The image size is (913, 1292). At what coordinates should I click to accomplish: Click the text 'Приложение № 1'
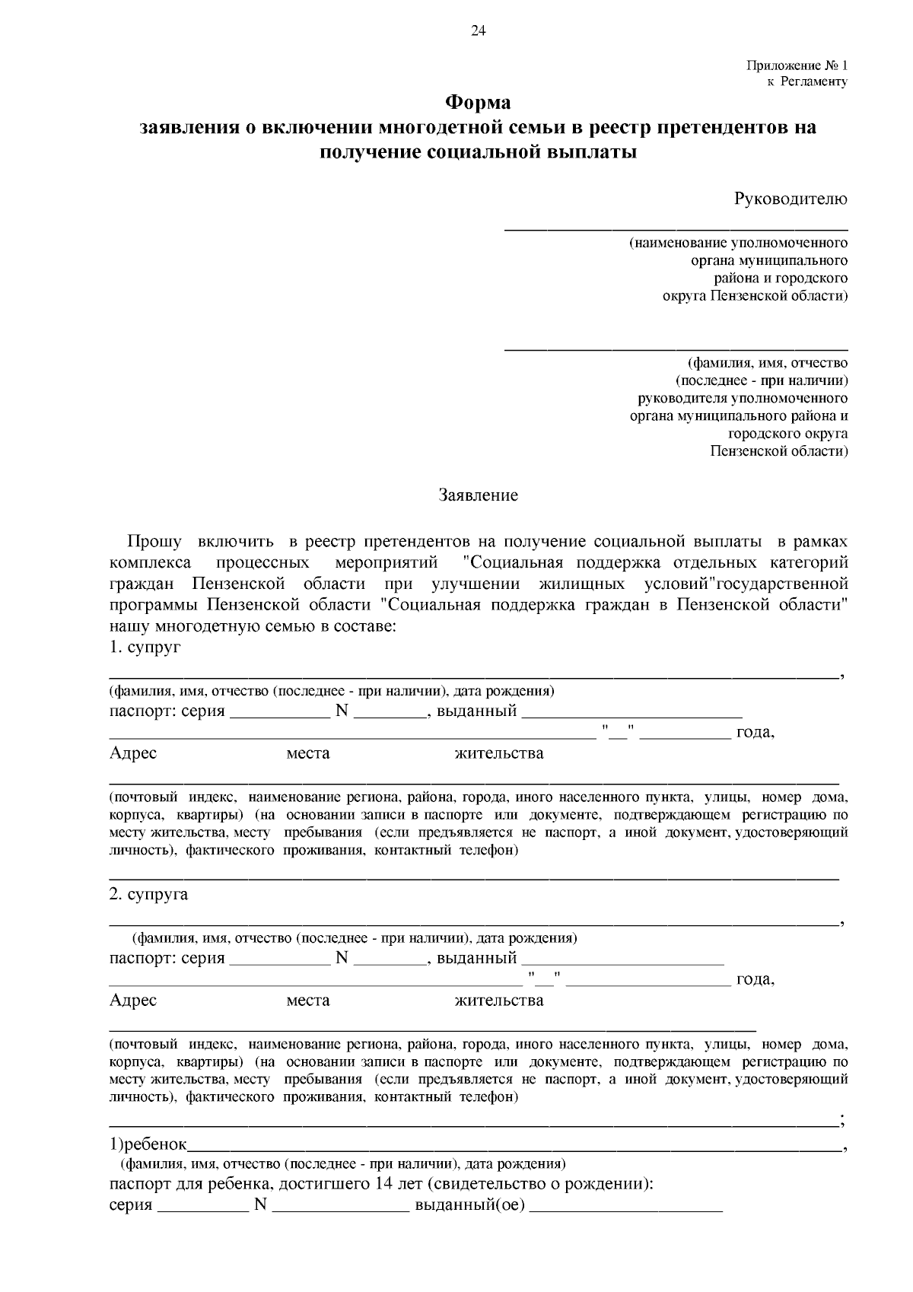click(x=797, y=66)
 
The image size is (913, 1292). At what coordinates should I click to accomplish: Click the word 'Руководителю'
click(x=791, y=199)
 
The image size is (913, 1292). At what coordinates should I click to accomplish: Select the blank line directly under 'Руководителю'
click(x=676, y=228)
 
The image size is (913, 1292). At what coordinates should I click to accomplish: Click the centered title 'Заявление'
click(x=478, y=495)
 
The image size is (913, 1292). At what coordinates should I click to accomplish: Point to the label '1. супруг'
click(x=145, y=648)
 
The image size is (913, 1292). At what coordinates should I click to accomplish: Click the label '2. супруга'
click(x=148, y=894)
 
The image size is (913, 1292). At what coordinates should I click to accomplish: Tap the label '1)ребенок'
click(x=148, y=1144)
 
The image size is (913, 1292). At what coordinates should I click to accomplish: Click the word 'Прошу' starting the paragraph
click(x=154, y=542)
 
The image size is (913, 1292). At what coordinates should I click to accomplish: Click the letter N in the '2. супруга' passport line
click(x=341, y=958)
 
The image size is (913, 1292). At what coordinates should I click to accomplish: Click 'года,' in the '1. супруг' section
click(x=755, y=733)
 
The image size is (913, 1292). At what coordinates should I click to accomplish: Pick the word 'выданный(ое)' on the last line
click(x=470, y=1205)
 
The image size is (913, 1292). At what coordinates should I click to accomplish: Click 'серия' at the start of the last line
click(x=131, y=1205)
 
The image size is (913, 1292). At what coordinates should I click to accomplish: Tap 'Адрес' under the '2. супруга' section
click(x=133, y=1000)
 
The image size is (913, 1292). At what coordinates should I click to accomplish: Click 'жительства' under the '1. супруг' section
click(x=498, y=753)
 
